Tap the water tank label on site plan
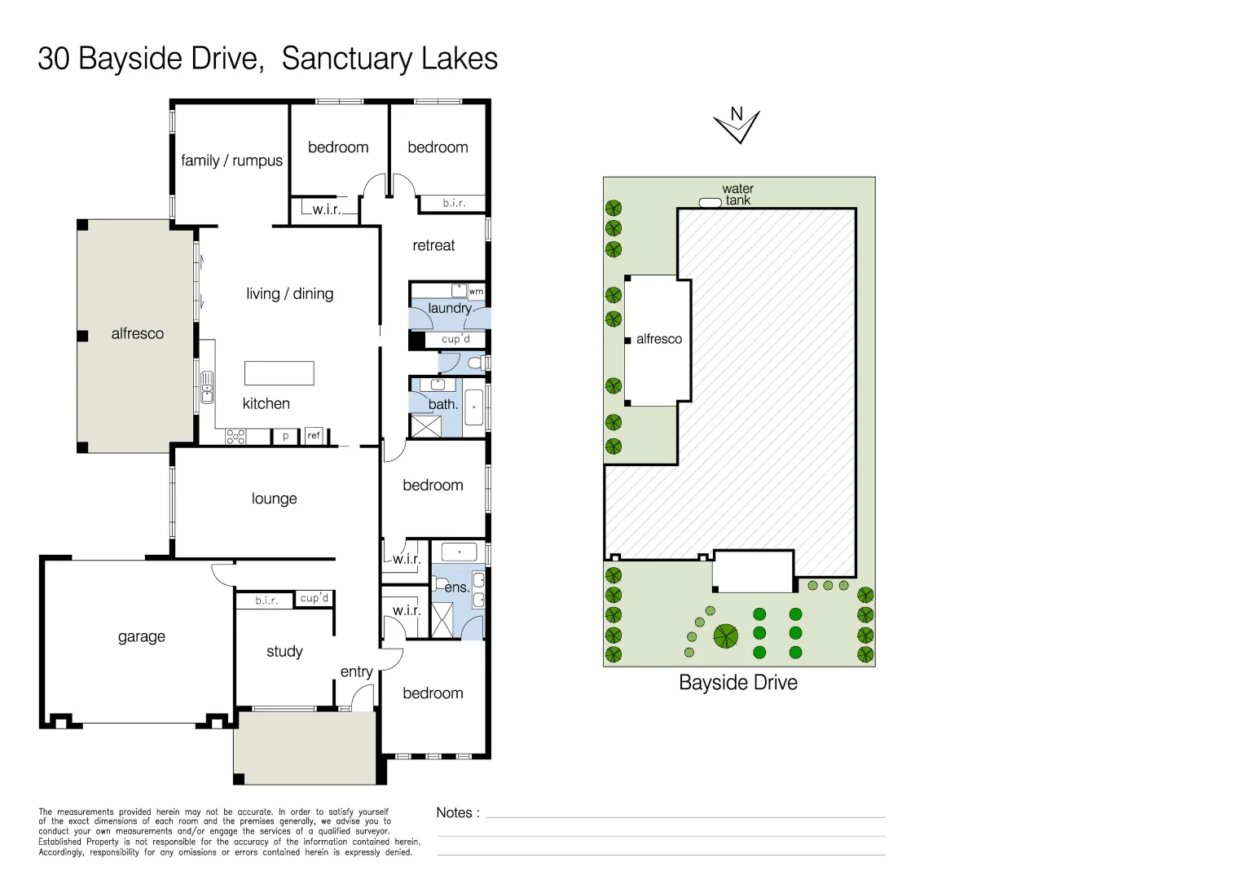(x=738, y=195)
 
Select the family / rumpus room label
(x=231, y=161)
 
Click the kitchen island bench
(x=279, y=373)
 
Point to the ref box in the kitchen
(x=314, y=436)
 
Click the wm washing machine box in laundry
(x=476, y=291)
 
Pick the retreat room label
(x=433, y=245)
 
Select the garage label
(x=142, y=636)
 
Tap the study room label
(x=284, y=651)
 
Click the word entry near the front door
(x=356, y=671)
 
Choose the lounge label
(x=274, y=499)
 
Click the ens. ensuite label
(x=456, y=587)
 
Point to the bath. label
(x=443, y=404)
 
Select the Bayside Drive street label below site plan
(x=737, y=683)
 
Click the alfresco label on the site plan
(x=658, y=339)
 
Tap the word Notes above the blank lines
(x=455, y=812)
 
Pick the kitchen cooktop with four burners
(x=235, y=437)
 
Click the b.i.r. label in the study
(x=266, y=601)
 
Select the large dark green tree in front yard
(x=725, y=636)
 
